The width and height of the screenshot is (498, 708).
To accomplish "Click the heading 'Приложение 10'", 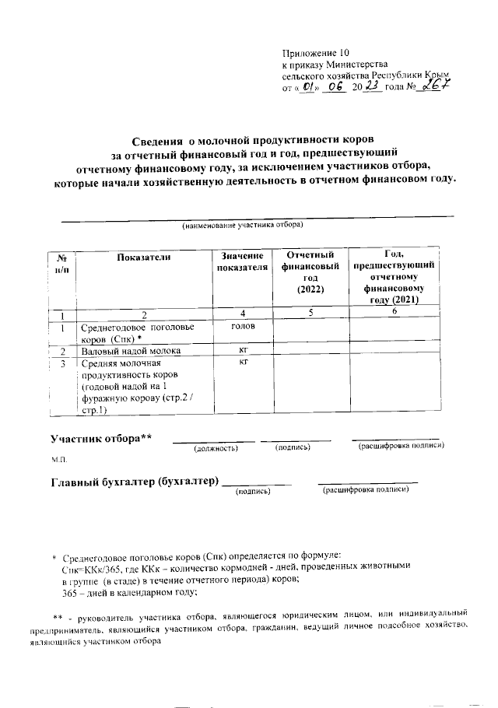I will pyautogui.click(x=316, y=52).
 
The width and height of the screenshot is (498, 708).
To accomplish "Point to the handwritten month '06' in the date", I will pyautogui.click(x=337, y=89).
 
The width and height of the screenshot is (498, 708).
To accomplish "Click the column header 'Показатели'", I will pyautogui.click(x=144, y=257).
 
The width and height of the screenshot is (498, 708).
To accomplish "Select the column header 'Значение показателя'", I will pyautogui.click(x=243, y=262).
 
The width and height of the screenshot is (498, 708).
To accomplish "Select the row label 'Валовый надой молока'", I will pyautogui.click(x=131, y=352).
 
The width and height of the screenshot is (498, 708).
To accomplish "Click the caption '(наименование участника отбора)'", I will pyautogui.click(x=242, y=226).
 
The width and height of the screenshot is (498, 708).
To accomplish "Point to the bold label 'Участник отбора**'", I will pyautogui.click(x=101, y=440).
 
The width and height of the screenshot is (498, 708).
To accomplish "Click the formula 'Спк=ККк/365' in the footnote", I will pyautogui.click(x=90, y=569).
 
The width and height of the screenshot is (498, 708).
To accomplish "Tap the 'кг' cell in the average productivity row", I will pyautogui.click(x=243, y=363).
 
